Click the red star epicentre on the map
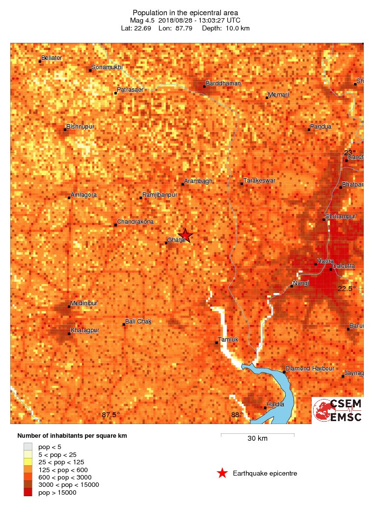pos(185,236)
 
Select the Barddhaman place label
pos(223,83)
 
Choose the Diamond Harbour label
pos(310,369)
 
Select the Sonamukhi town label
pos(107,67)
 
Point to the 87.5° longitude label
pos(111,415)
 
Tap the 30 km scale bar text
pos(257,439)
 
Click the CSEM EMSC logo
pos(338,410)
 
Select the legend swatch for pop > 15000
pos(28,492)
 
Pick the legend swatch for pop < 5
pos(28,447)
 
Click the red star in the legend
pos(222,473)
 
